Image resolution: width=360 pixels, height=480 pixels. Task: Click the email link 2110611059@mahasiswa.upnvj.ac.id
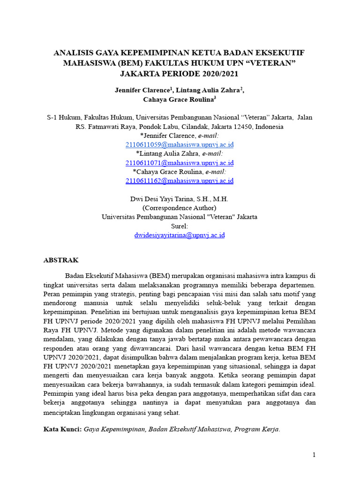180,145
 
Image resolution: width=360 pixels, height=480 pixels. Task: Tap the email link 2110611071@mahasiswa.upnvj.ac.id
180,163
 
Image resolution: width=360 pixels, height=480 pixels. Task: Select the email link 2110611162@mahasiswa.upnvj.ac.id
180,180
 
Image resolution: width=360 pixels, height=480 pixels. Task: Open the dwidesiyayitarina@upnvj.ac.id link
180,235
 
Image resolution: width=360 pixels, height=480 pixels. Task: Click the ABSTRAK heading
61,260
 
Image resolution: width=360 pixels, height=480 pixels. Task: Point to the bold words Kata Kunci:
62,429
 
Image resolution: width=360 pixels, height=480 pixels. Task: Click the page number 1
315,455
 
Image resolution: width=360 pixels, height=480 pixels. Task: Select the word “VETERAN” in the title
276,63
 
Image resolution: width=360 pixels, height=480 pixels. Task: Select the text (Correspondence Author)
180,208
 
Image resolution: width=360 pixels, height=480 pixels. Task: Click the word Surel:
180,226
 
